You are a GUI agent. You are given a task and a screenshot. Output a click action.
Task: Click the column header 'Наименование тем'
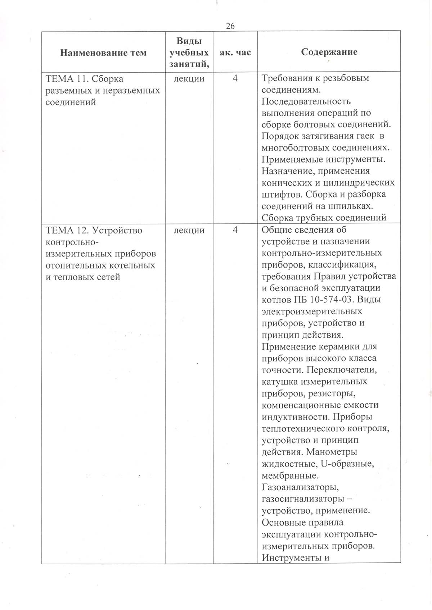click(103, 53)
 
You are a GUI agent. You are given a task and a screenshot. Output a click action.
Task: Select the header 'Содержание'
click(329, 52)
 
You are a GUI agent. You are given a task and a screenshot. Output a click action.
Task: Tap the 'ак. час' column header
click(235, 52)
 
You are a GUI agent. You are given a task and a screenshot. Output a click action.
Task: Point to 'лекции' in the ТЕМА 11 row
click(189, 78)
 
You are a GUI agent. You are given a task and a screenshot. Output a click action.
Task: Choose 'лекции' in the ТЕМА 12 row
click(189, 230)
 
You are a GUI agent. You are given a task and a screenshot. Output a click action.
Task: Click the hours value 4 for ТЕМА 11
click(235, 78)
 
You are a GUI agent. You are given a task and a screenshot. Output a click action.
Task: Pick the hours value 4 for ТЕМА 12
click(235, 230)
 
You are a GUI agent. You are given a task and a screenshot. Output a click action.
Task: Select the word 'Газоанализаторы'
click(300, 488)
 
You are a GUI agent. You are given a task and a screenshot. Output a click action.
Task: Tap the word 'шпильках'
click(351, 206)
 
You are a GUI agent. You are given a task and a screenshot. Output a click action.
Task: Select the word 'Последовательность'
click(306, 101)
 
